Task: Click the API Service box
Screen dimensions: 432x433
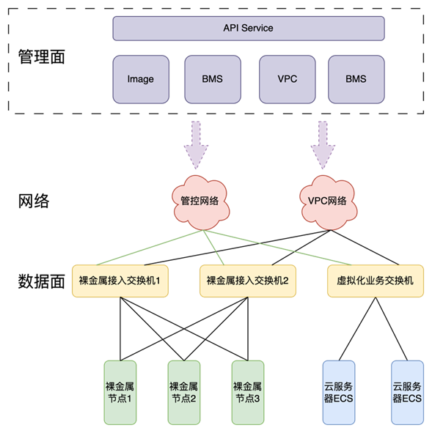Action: [x=249, y=28]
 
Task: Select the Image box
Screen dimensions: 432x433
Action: [x=141, y=79]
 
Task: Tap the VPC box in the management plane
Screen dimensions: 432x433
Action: [x=288, y=79]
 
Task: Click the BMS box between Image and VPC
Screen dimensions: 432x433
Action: [x=213, y=79]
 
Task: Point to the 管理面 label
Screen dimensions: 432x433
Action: [x=42, y=56]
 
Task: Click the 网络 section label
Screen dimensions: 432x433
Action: [x=34, y=201]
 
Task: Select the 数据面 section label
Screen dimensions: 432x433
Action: [x=42, y=281]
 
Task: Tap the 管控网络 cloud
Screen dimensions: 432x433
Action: [x=201, y=202]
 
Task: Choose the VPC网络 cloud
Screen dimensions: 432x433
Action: [x=328, y=202]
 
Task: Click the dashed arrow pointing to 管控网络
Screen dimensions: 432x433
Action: [x=196, y=145]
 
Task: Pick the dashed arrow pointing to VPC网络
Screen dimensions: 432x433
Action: [x=323, y=145]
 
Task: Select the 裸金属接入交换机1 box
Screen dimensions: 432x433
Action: [x=120, y=281]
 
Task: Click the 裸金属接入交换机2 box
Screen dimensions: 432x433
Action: [x=248, y=281]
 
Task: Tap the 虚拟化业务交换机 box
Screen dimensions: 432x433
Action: [x=376, y=281]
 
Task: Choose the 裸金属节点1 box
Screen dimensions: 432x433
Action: [x=120, y=393]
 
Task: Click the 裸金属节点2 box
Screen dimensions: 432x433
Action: [x=184, y=393]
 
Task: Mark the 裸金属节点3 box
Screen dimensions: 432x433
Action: [x=248, y=393]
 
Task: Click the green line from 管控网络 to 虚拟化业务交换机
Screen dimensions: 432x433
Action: [x=277, y=248]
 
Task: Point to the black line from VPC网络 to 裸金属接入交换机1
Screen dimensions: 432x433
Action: [x=237, y=248]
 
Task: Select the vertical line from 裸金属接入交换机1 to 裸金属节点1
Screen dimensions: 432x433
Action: [x=120, y=329]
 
